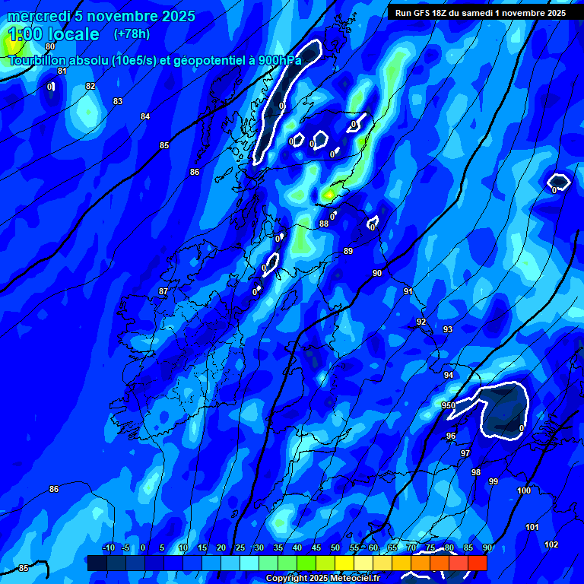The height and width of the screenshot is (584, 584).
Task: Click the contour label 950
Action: coord(449,405)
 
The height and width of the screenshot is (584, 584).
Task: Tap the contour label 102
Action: coord(551,544)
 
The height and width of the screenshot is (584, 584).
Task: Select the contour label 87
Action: coord(163,291)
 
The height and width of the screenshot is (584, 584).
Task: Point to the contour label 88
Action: coord(324,224)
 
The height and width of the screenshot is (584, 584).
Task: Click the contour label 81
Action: coord(62,71)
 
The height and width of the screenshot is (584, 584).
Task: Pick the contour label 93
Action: coord(448,329)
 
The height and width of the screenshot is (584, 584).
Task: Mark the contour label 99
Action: coord(494,481)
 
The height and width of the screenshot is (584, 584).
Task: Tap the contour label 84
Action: coord(145,116)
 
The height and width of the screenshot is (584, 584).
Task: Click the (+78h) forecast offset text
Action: coord(132,34)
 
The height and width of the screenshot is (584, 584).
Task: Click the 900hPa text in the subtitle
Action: coord(279,60)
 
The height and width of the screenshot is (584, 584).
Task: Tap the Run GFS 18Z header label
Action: coord(426,13)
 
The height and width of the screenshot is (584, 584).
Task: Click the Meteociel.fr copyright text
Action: coord(351,578)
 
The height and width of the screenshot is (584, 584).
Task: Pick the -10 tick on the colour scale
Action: coord(108,547)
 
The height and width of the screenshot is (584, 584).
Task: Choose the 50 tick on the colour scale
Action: coord(335,547)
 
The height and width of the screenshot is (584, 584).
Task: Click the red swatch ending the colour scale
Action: coord(477,563)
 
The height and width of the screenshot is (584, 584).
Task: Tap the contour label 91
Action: coord(408,291)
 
